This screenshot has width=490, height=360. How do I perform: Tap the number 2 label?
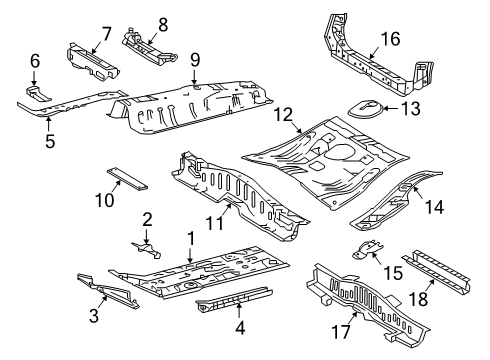coord(147,219)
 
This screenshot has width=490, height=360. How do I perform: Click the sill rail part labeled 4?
coord(238,301)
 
